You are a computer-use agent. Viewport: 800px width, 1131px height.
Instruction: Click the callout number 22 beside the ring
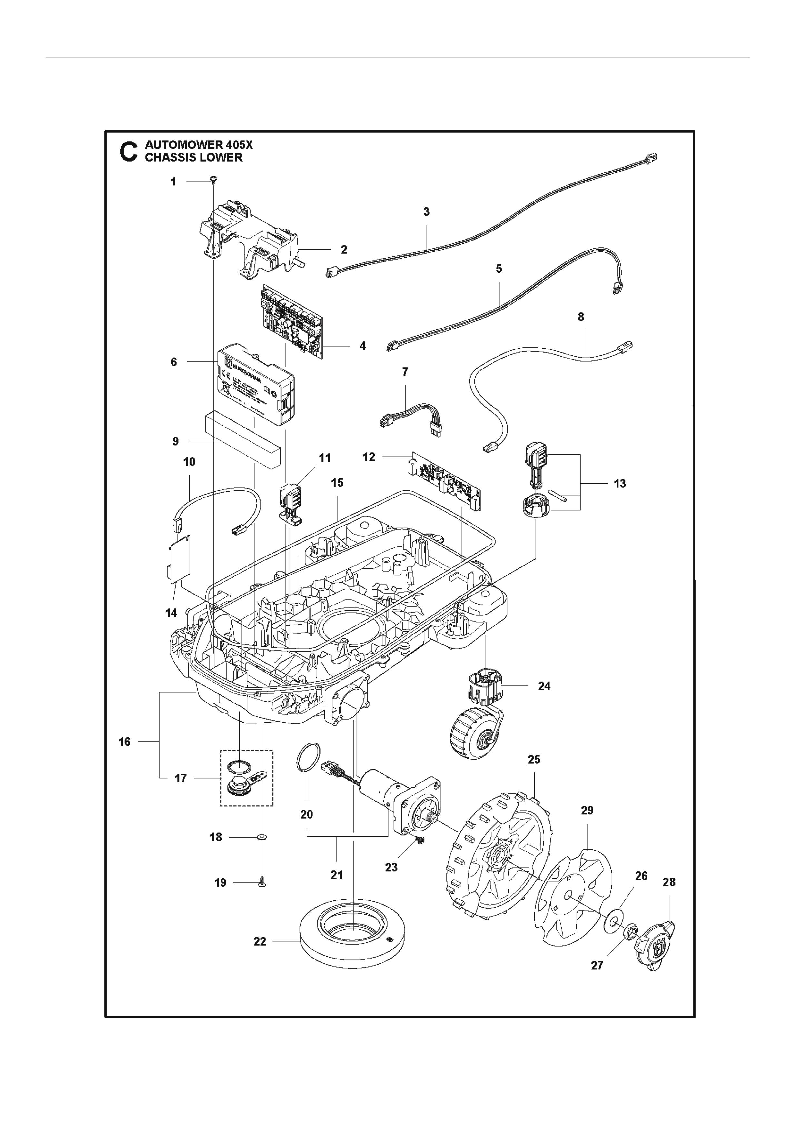tap(260, 941)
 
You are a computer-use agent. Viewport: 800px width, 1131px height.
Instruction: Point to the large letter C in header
tap(129, 151)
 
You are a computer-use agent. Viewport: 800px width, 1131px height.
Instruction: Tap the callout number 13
tap(620, 484)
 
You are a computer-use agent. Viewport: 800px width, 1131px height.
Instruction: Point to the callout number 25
tap(534, 760)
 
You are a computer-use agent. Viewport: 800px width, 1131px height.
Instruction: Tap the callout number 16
tap(124, 741)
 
